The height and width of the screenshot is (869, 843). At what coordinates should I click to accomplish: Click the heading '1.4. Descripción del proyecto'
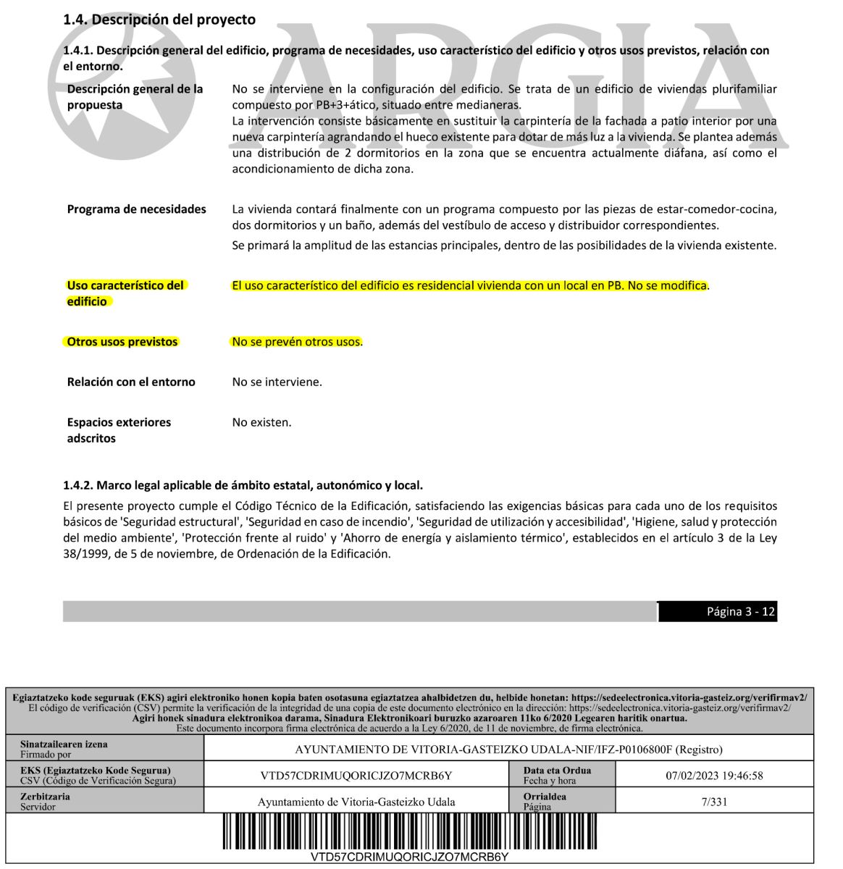[x=159, y=20]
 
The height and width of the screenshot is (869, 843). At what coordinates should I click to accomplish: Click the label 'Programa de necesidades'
[x=136, y=209]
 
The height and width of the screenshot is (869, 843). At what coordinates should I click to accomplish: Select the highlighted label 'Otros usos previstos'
[x=122, y=342]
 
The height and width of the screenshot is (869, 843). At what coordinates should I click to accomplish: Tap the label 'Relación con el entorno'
[x=131, y=382]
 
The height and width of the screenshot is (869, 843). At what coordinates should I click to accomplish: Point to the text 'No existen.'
[x=261, y=422]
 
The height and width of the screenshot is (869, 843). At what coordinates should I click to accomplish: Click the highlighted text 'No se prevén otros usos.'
[x=297, y=342]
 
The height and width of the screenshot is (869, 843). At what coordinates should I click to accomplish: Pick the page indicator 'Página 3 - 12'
[x=740, y=612]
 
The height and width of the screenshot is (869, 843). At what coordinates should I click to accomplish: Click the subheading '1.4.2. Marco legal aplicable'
[x=243, y=484]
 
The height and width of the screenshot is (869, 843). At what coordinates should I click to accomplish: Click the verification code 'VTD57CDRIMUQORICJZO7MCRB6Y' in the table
[x=356, y=776]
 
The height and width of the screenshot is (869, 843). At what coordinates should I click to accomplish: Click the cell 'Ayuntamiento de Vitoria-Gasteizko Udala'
[x=356, y=802]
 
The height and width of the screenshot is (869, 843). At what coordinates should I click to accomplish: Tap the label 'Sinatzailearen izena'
[x=64, y=744]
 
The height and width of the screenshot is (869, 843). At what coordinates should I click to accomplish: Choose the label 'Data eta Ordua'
[x=557, y=771]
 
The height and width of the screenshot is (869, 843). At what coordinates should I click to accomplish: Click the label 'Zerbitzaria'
[x=45, y=797]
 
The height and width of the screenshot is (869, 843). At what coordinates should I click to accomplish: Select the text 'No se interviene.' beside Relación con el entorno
[x=277, y=382]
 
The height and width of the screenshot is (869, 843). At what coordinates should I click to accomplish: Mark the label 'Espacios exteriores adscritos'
[x=119, y=430]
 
